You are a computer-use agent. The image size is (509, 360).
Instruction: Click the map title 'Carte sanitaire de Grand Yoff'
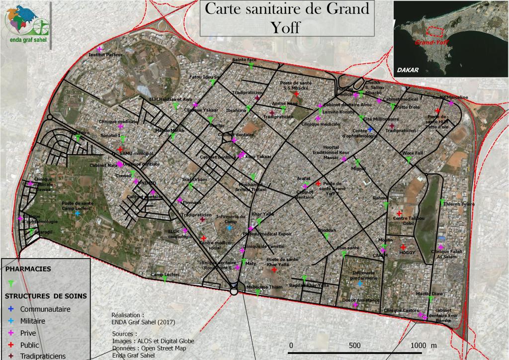(x=287, y=17)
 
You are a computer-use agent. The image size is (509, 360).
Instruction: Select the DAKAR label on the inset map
(x=408, y=70)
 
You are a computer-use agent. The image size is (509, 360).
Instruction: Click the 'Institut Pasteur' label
(x=104, y=54)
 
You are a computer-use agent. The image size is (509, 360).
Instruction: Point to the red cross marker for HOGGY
(x=403, y=247)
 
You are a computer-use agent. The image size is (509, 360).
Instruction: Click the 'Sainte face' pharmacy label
(x=245, y=60)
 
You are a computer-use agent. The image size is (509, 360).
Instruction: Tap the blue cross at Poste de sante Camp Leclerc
(x=77, y=213)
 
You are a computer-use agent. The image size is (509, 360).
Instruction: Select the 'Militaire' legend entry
(x=33, y=321)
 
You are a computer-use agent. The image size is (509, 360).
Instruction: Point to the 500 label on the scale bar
(x=354, y=346)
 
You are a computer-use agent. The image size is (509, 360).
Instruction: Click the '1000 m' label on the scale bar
(x=423, y=346)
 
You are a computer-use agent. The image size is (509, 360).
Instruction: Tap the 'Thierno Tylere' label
(x=459, y=204)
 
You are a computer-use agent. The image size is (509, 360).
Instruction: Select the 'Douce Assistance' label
(x=360, y=300)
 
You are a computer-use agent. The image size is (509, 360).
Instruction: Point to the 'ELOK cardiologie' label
(x=180, y=234)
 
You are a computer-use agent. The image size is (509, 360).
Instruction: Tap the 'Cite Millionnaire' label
(x=381, y=119)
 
